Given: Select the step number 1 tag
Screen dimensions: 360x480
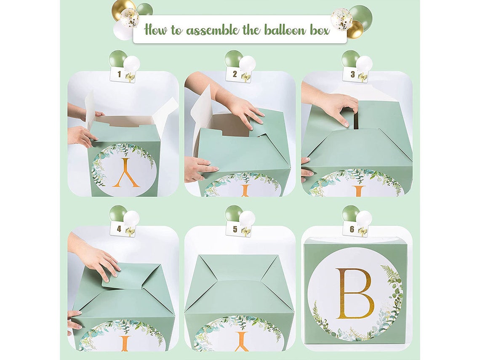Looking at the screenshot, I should pyautogui.click(x=123, y=75).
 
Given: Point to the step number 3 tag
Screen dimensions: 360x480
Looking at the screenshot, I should pyautogui.click(x=355, y=75).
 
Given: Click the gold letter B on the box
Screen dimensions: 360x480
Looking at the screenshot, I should pyautogui.click(x=355, y=293).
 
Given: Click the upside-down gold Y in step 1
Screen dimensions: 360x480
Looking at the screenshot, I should pyautogui.click(x=125, y=173).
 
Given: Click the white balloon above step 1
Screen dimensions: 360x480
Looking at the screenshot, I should pyautogui.click(x=131, y=64).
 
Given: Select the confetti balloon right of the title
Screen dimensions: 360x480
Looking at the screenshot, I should pyautogui.click(x=341, y=19).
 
